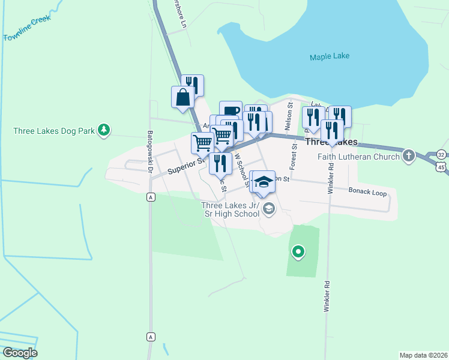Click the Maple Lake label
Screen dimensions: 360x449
point(330,57)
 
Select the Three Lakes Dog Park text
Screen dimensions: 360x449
point(55,130)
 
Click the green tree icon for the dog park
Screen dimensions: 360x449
point(104,129)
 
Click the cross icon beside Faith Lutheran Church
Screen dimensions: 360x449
point(408,155)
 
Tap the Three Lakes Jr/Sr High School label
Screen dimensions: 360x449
point(231,209)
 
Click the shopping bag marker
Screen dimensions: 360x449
point(182,97)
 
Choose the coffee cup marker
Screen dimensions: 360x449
point(231,111)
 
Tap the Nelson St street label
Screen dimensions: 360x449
point(290,112)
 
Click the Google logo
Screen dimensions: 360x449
point(19,352)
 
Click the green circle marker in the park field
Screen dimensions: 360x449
point(297,251)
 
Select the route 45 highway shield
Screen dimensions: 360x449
point(443,167)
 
